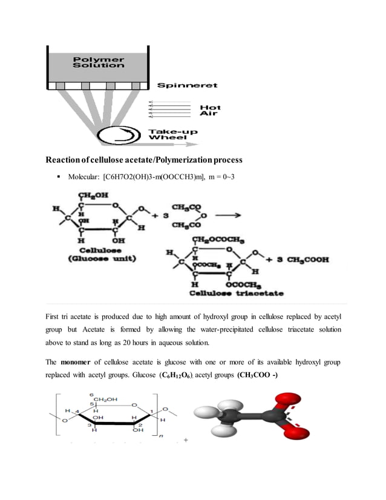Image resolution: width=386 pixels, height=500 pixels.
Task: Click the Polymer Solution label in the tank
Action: pyautogui.click(x=90, y=62)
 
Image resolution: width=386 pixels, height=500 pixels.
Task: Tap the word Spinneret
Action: pyautogui.click(x=187, y=85)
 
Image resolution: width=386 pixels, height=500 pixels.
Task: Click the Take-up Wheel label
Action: pyautogui.click(x=173, y=134)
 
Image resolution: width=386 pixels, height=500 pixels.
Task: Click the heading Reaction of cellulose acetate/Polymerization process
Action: pyautogui.click(x=143, y=160)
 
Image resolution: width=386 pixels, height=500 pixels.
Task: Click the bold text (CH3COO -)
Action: pyautogui.click(x=258, y=375)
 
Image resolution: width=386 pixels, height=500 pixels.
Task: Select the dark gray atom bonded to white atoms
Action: pyautogui.click(x=231, y=416)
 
